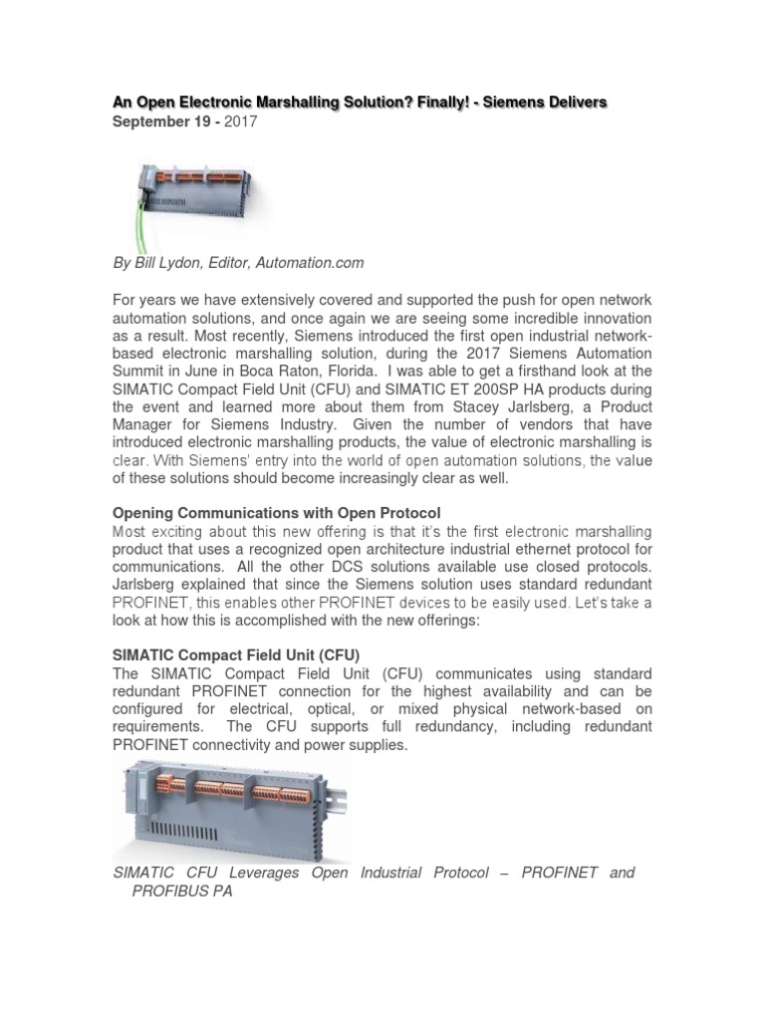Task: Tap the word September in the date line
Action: pos(147,122)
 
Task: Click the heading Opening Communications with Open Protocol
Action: pos(274,512)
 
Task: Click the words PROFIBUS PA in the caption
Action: pos(182,892)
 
